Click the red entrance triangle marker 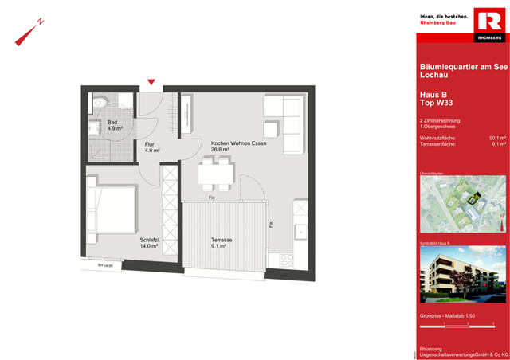tap(151, 82)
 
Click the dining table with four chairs tap(215, 174)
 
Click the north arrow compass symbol tap(27, 33)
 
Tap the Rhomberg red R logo tap(488, 25)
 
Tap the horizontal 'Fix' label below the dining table tap(212, 197)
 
